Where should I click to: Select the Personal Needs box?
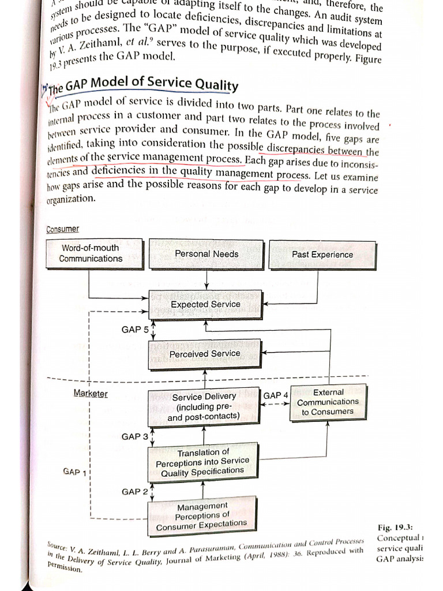pos(207,254)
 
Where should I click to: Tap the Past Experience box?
pos(322,255)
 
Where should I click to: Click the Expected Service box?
pos(205,305)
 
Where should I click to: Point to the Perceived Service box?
pos(205,354)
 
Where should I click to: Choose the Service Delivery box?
pos(204,406)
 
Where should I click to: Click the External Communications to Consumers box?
pos(328,402)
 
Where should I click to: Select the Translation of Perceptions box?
pos(203,462)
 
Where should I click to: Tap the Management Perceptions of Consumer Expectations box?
pos(202,516)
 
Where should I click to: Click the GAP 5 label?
pos(135,330)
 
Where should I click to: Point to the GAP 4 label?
pos(275,395)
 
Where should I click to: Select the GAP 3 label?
pos(135,436)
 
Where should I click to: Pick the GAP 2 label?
pos(135,491)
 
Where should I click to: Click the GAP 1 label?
pos(74,472)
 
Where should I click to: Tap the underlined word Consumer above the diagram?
pos(62,230)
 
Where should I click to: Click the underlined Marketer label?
pos(91,394)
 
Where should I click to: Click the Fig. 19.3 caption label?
pos(392,528)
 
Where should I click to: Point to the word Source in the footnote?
pos(59,545)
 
